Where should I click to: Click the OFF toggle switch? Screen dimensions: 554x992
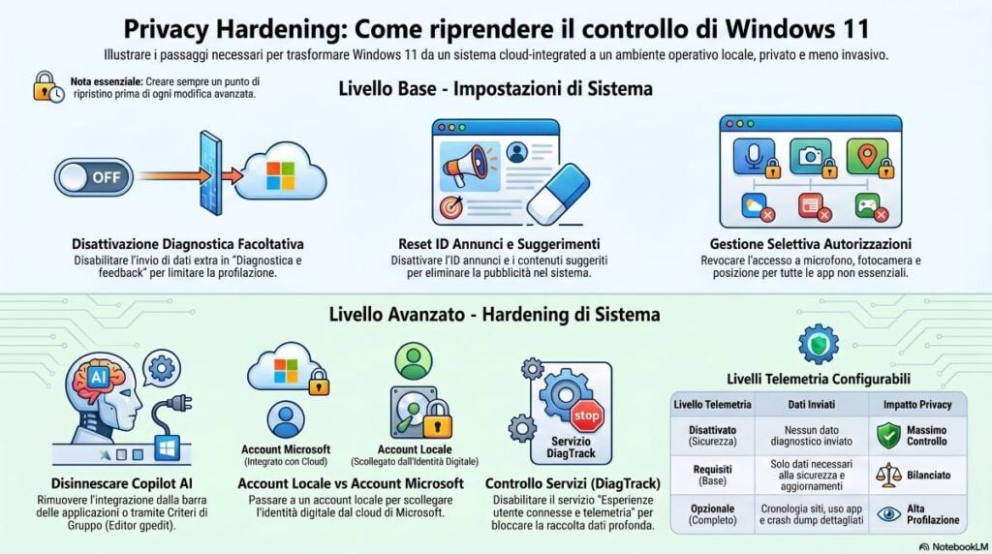point(94,177)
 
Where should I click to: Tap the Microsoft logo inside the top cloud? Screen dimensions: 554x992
point(280,175)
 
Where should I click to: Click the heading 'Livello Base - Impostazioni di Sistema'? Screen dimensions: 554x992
point(495,88)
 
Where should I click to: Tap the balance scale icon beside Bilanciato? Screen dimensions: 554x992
point(887,475)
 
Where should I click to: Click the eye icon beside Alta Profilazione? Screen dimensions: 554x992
point(887,514)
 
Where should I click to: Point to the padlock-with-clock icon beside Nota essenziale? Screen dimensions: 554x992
point(47,86)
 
